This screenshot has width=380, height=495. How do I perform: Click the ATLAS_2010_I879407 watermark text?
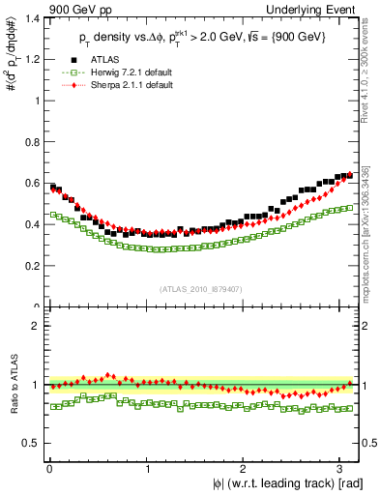coord(200,287)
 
